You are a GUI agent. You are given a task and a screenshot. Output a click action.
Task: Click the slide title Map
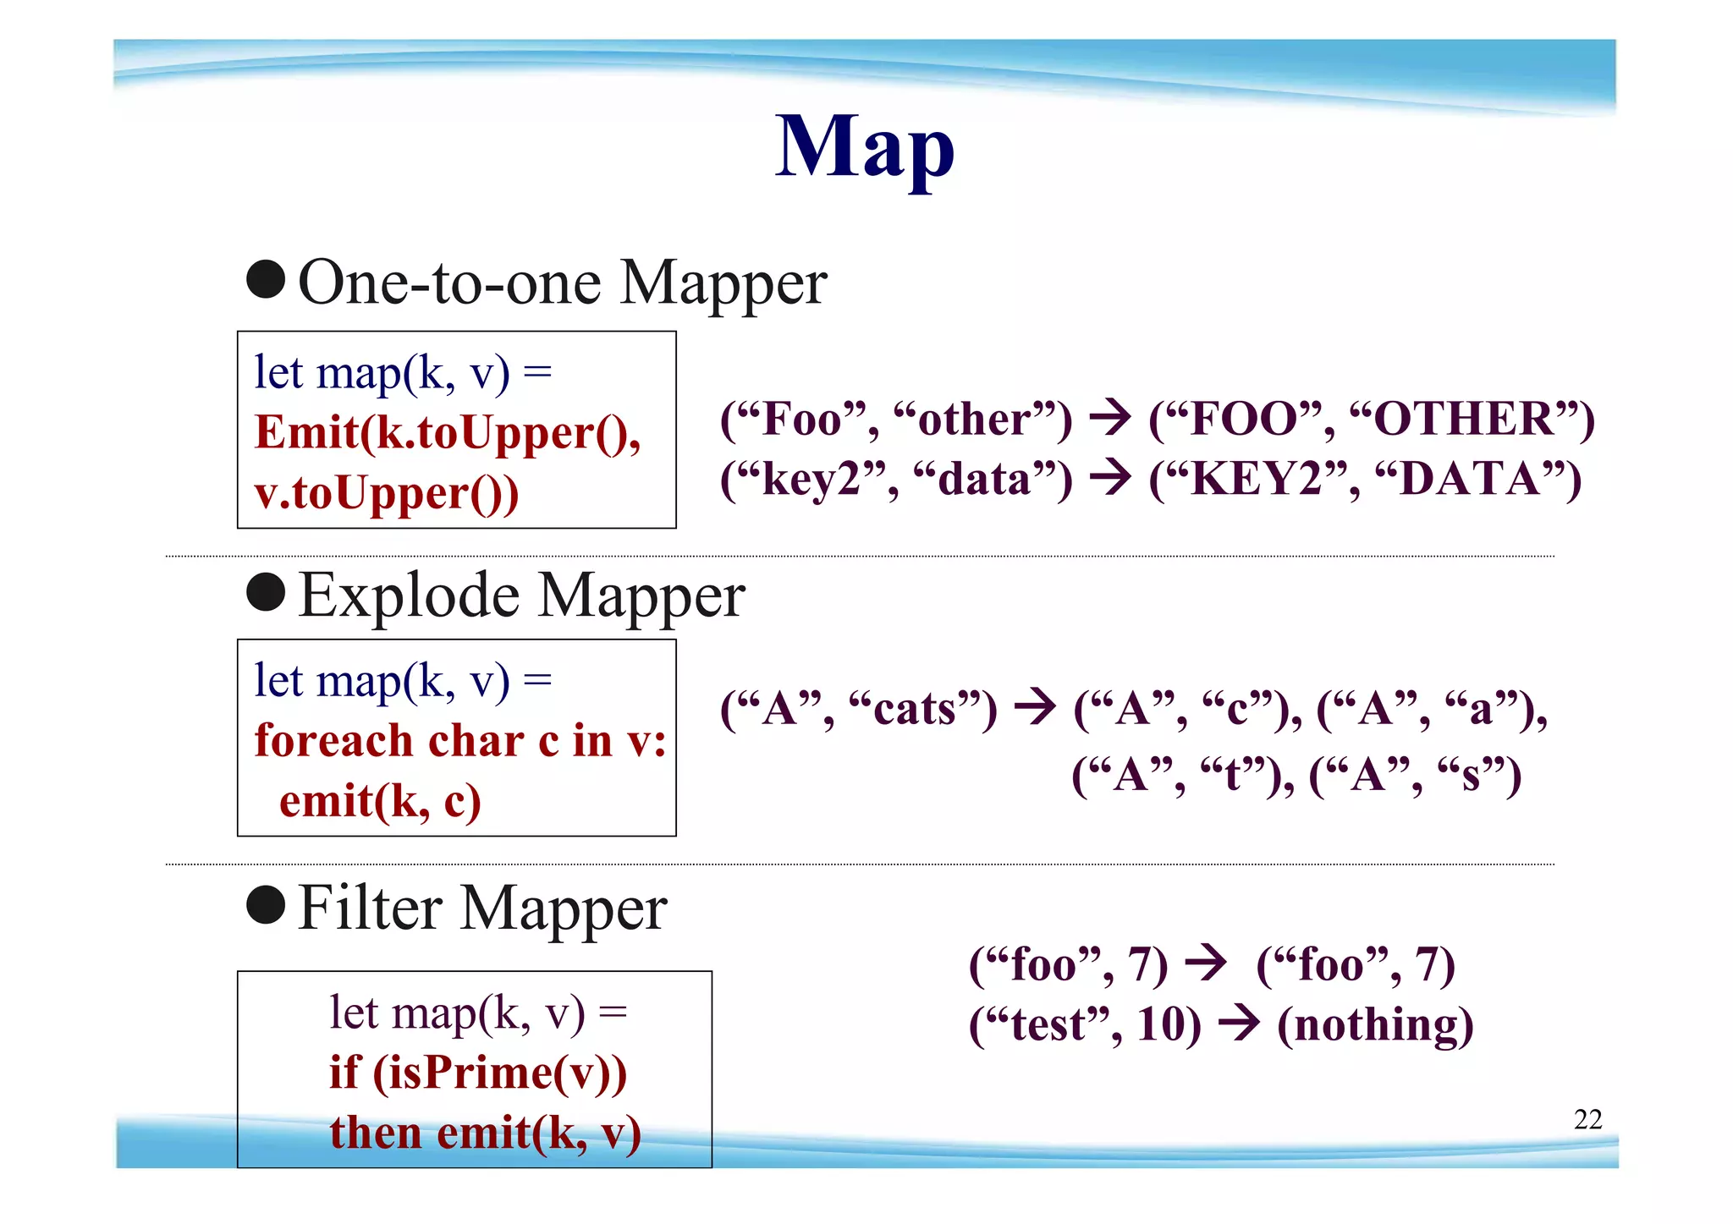[x=865, y=147]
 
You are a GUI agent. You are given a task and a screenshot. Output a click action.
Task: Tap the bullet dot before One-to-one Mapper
[x=266, y=280]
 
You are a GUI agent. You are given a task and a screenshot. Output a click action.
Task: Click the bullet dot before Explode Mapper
[x=266, y=592]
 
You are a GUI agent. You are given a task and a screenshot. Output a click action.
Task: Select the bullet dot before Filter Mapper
[x=266, y=905]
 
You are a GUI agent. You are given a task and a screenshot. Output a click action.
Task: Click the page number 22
[x=1587, y=1119]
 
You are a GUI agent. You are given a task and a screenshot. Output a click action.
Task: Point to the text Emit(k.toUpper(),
[x=448, y=433]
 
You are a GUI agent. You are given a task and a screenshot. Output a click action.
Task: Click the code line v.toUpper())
[x=386, y=493]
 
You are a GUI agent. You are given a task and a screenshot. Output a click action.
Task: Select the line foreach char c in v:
[x=459, y=741]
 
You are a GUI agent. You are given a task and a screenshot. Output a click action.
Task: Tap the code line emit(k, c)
[x=380, y=800]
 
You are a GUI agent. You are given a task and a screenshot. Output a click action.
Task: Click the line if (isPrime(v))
[x=478, y=1073]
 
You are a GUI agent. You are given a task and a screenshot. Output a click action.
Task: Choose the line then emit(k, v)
[x=485, y=1133]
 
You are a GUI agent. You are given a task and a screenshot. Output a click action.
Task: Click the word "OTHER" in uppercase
[x=1464, y=420]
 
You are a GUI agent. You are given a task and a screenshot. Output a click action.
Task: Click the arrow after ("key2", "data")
[x=1110, y=478]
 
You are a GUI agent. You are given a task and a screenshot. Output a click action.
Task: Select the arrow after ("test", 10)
[x=1239, y=1024]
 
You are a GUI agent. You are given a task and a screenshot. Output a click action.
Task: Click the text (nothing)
[x=1375, y=1025]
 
